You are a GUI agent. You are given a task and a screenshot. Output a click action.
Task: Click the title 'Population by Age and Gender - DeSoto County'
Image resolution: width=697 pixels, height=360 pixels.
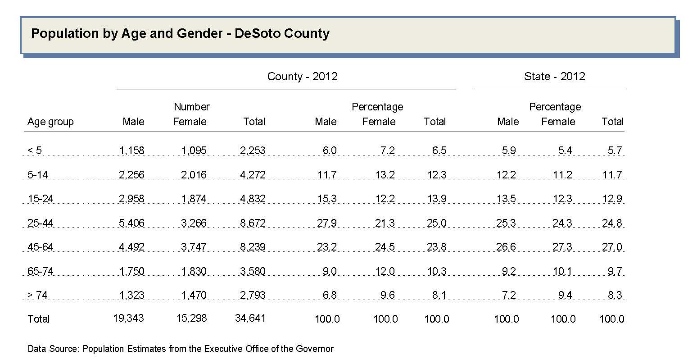pos(180,34)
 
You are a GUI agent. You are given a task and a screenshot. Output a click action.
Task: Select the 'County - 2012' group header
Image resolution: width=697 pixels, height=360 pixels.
pos(302,77)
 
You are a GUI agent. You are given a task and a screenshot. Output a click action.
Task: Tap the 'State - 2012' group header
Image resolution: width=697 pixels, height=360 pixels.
pos(554,77)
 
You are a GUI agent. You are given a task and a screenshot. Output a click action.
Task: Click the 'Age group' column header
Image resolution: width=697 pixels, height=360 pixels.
pos(50,122)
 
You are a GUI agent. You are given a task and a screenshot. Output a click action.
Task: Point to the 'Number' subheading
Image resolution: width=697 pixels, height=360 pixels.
pos(192,107)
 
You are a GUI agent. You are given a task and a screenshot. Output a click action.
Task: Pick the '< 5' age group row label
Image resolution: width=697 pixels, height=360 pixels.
pos(35,150)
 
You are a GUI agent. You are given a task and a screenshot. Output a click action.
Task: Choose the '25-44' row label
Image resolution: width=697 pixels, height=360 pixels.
pos(40,223)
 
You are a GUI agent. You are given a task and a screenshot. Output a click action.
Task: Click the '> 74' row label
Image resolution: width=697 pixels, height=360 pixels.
pos(38,296)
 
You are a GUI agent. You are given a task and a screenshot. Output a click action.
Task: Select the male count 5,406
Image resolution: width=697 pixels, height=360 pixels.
pos(132,223)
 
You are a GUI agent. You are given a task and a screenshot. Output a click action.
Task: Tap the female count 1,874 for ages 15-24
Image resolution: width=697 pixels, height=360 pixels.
pos(194,199)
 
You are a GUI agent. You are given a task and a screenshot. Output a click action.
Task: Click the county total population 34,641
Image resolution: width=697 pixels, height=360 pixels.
pos(250,319)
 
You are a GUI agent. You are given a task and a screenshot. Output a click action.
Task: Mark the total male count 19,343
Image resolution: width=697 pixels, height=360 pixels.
pos(128,318)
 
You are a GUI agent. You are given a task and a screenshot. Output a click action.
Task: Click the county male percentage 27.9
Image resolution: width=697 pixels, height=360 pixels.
pos(327,223)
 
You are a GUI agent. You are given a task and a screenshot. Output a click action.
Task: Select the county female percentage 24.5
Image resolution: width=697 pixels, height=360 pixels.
pos(385,247)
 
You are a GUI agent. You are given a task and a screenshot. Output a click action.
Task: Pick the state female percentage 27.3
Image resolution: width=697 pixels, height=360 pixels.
pos(562,247)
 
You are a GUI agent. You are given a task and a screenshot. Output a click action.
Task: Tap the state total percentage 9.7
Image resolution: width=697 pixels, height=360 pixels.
pos(615,271)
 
